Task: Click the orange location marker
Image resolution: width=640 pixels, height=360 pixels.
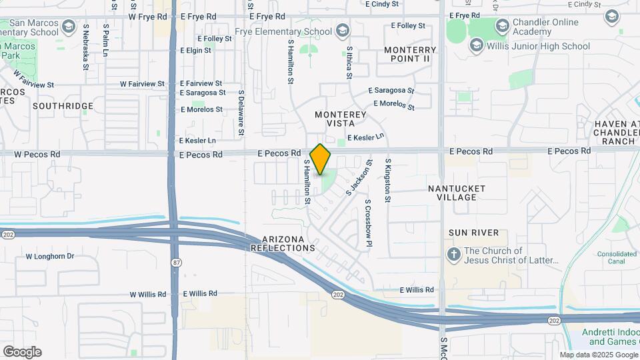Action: [x=320, y=159]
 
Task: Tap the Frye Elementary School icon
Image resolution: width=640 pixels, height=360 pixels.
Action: [x=342, y=31]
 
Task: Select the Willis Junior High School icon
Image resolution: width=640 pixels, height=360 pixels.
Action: [x=476, y=45]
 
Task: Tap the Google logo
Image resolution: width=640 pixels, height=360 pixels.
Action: [x=22, y=352]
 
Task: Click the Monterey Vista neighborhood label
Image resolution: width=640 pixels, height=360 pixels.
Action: [x=340, y=119]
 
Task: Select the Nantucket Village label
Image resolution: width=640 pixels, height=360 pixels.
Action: [x=457, y=193]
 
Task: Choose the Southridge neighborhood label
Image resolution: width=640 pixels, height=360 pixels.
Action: [x=63, y=106]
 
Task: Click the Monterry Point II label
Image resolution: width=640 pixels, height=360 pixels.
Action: [x=409, y=54]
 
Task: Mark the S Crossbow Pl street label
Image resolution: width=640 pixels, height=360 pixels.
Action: [x=367, y=223]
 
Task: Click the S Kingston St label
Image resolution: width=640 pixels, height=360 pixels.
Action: [x=387, y=180]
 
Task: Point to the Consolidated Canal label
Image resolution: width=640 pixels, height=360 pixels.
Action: [x=617, y=257]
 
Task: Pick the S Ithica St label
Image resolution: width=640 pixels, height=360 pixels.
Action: [x=349, y=63]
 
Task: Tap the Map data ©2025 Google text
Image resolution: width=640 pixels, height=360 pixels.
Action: [x=598, y=355]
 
